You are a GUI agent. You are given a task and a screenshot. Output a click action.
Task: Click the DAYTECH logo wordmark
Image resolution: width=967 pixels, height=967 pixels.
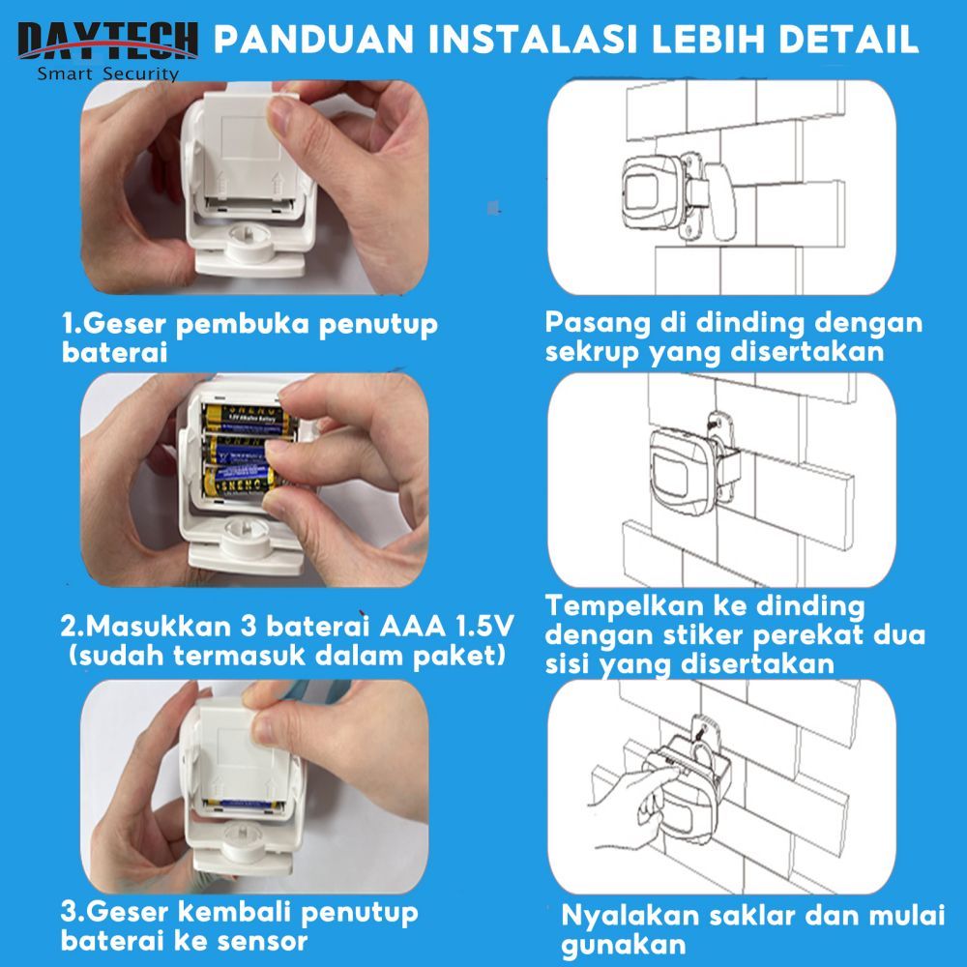[108, 41]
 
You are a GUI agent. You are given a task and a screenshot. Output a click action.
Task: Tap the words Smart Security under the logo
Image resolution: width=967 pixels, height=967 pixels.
[108, 74]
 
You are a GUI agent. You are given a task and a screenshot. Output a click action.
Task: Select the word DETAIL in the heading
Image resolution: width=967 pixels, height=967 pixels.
[849, 40]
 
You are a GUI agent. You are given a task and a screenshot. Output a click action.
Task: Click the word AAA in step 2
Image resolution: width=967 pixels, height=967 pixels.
[412, 626]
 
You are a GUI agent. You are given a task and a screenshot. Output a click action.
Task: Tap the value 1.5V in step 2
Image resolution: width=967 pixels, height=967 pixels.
[484, 626]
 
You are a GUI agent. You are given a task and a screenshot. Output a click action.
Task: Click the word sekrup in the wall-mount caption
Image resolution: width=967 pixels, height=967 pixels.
[592, 353]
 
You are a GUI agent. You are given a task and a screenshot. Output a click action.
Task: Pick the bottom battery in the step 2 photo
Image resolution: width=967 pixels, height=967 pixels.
[241, 481]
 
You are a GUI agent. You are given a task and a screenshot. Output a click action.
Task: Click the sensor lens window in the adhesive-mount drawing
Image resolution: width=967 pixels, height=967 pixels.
[670, 474]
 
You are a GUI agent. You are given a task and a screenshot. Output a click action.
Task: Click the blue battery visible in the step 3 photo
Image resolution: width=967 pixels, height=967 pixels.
[245, 805]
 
